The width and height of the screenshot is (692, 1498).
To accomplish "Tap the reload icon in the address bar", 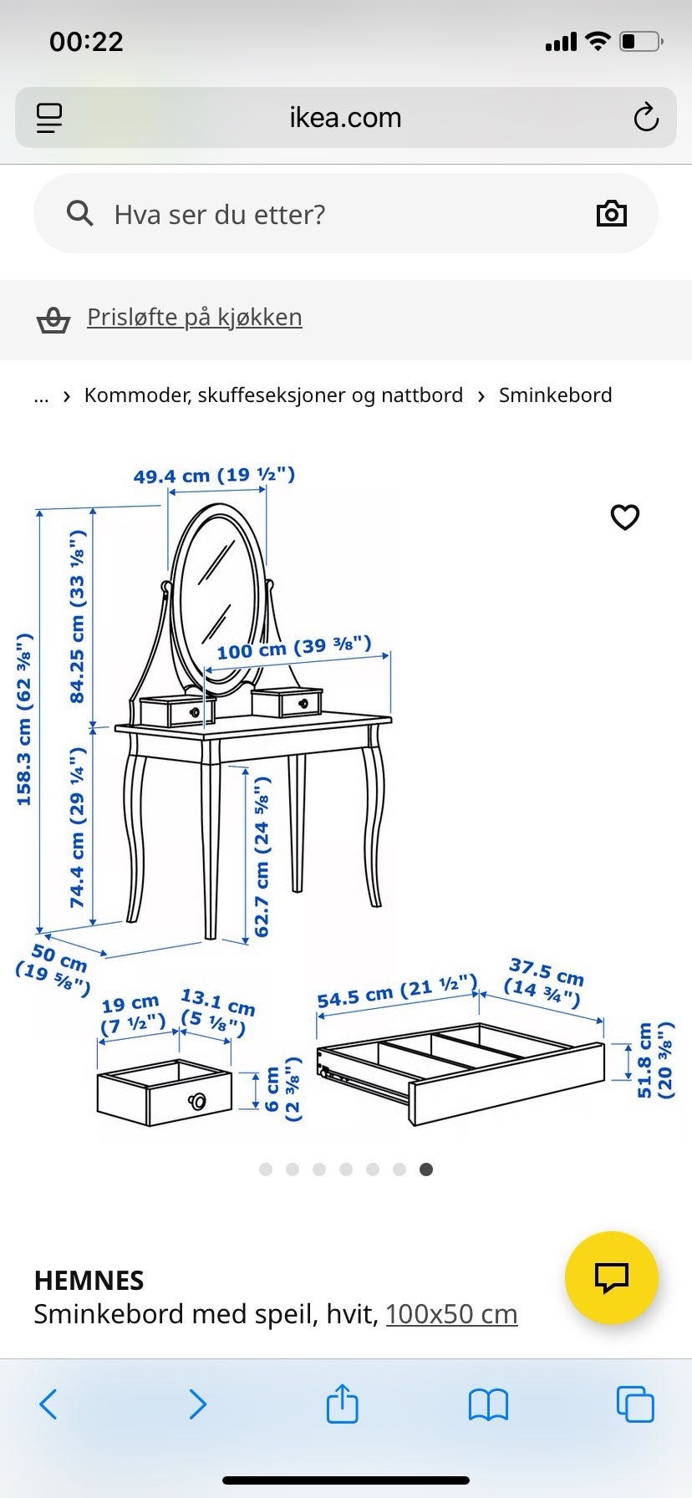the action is click(646, 118).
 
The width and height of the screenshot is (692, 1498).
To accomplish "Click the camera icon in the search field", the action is click(612, 214).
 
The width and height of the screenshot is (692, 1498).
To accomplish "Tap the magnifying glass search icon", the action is click(79, 214).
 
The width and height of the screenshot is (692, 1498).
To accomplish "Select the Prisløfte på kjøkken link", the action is click(195, 317).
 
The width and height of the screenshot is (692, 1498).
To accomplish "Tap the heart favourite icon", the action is click(625, 517).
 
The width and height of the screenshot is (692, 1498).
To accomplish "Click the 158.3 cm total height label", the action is click(24, 719).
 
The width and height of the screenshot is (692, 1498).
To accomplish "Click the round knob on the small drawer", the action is click(197, 1101).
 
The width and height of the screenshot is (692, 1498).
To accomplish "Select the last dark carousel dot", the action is click(426, 1169).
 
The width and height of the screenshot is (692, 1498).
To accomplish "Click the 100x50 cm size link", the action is click(451, 1314).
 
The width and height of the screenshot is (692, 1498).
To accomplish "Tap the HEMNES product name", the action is click(89, 1281).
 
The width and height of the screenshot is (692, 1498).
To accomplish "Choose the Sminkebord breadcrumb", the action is click(556, 395).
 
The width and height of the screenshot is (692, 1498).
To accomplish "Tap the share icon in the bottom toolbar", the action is click(342, 1404).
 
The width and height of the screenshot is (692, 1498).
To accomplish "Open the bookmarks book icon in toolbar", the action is click(488, 1405).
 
